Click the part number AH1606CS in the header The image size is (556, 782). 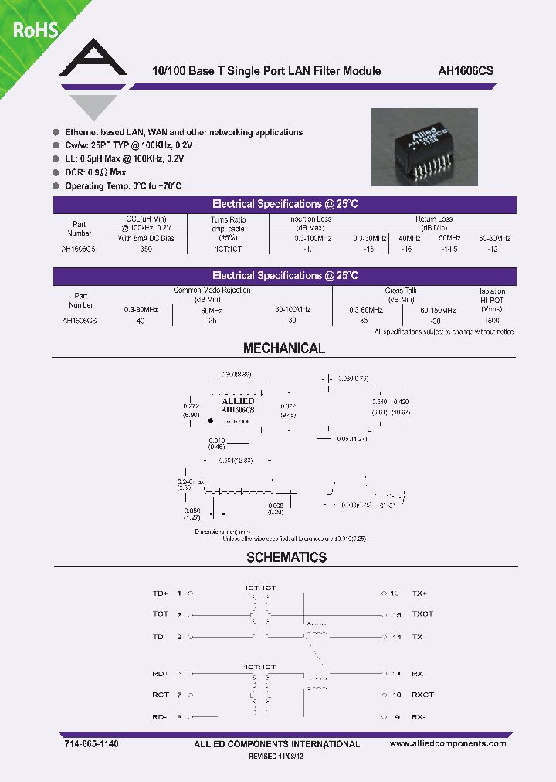(x=465, y=70)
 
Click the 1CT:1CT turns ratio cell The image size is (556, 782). (x=229, y=250)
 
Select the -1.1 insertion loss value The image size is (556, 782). (x=310, y=250)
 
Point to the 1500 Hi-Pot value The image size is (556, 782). (x=491, y=320)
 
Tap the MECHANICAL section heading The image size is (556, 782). (x=284, y=348)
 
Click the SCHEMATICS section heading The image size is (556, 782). (x=286, y=557)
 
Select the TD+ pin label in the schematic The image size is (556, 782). (x=160, y=593)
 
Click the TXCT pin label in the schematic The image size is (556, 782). (x=422, y=615)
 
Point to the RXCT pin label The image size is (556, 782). (x=422, y=695)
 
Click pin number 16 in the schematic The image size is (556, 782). (x=395, y=593)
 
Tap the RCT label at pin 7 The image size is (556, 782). (x=160, y=695)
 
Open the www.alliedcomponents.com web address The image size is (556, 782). (x=448, y=743)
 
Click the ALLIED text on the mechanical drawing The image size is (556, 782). (x=238, y=401)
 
